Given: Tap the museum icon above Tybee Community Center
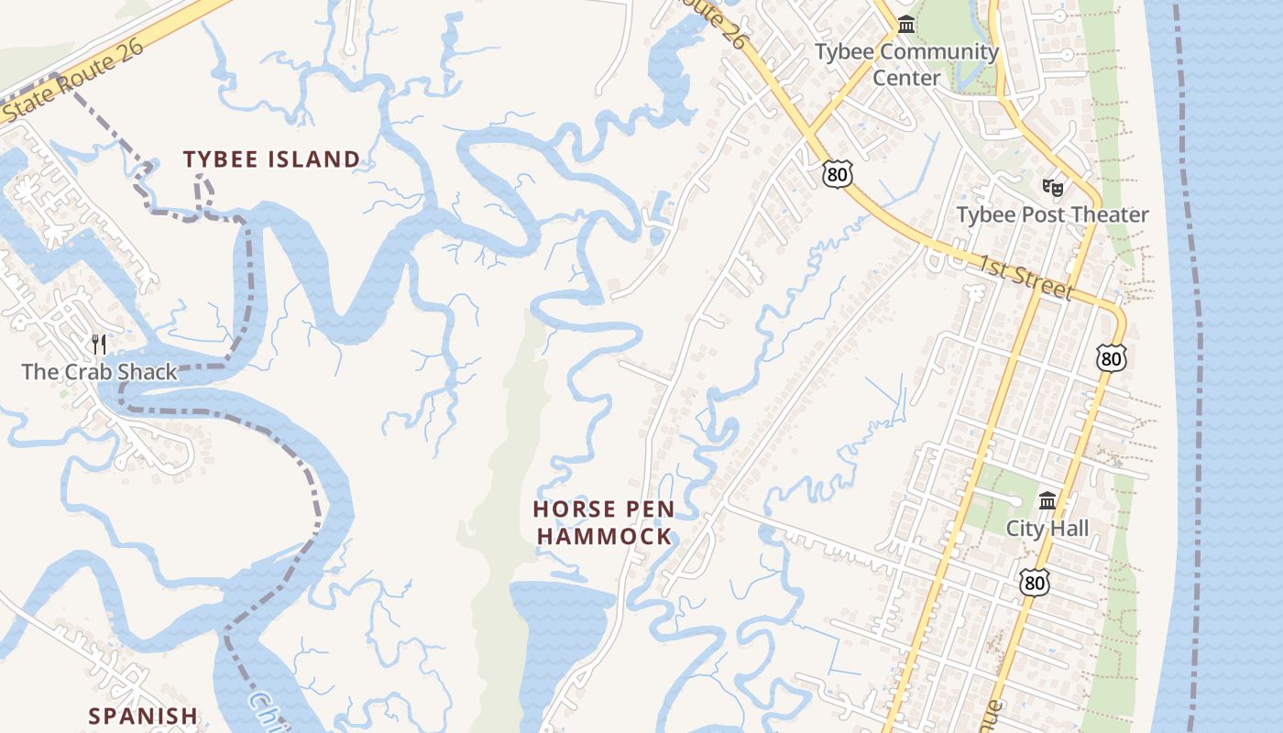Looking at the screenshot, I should pyautogui.click(x=906, y=25).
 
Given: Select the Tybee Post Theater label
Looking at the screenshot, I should pyautogui.click(x=1052, y=215).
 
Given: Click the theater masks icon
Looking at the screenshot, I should pyautogui.click(x=1053, y=188).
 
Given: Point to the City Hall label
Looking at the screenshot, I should pyautogui.click(x=1047, y=529).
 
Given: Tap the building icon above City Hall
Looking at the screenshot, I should pyautogui.click(x=1047, y=501).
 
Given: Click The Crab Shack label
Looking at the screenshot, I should pyautogui.click(x=99, y=372).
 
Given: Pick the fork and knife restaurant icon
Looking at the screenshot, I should pyautogui.click(x=100, y=345).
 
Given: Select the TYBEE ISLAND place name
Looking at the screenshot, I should pyautogui.click(x=271, y=159).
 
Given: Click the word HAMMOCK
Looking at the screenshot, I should pyautogui.click(x=604, y=537).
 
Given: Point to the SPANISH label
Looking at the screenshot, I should pyautogui.click(x=143, y=716).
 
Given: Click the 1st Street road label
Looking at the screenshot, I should pyautogui.click(x=1025, y=277).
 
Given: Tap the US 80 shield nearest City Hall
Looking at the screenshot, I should pyautogui.click(x=1034, y=582).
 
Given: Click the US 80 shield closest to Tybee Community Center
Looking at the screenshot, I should pyautogui.click(x=837, y=173).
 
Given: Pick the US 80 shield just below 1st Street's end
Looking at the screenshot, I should pyautogui.click(x=1111, y=358).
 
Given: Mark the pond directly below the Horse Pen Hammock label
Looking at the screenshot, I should pyautogui.click(x=561, y=623).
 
